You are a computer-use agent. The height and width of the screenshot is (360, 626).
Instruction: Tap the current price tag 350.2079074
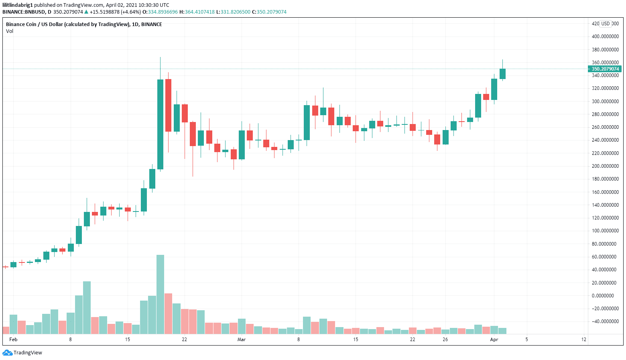pyautogui.click(x=605, y=69)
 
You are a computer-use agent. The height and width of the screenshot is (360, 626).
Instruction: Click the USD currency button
pyautogui.click(x=605, y=24)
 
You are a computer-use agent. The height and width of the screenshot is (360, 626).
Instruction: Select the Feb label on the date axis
pyautogui.click(x=13, y=340)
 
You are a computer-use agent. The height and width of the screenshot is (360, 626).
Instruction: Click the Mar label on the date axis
pyautogui.click(x=241, y=340)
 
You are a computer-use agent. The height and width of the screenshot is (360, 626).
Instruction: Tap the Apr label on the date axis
pyautogui.click(x=494, y=340)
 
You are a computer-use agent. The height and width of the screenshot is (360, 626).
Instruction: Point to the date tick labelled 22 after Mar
pyautogui.click(x=413, y=340)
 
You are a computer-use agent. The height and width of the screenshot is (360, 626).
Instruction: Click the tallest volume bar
pyautogui.click(x=160, y=294)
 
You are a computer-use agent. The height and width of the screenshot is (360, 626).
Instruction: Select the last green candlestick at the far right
pyautogui.click(x=502, y=73)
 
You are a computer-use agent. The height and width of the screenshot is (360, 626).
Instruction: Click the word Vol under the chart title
pyautogui.click(x=10, y=31)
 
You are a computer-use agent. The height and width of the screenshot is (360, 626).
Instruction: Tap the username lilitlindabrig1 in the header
pyautogui.click(x=18, y=5)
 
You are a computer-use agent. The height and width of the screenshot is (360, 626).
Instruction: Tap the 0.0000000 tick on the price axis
pyautogui.click(x=605, y=296)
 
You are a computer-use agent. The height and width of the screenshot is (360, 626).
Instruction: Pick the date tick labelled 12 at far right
pyautogui.click(x=583, y=340)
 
